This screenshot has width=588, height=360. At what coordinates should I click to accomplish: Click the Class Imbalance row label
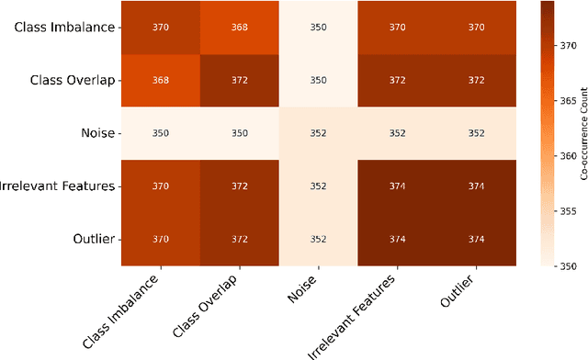tap(64, 27)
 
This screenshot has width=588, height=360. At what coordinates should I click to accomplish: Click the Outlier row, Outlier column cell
tap(477, 239)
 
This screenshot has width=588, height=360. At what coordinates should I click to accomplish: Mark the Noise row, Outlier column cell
tap(477, 132)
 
